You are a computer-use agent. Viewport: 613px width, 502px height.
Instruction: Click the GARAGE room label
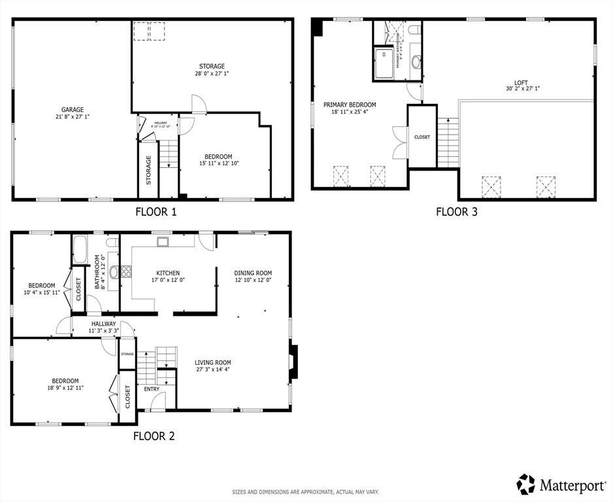(73, 110)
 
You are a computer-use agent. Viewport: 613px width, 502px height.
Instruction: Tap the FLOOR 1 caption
(156, 211)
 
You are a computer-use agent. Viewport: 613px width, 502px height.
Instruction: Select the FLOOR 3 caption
(452, 211)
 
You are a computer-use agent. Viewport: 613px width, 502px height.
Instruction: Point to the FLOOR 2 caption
(154, 436)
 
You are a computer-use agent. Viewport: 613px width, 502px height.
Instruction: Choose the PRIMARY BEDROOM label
(350, 105)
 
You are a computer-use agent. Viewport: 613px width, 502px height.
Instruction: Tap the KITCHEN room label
(168, 273)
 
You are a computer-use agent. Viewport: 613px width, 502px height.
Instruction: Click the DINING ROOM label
(253, 273)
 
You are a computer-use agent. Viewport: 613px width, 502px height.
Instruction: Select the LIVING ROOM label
(212, 362)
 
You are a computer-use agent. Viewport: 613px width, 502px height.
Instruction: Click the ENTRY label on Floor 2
(152, 389)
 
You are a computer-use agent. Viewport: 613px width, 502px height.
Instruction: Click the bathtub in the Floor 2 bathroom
(80, 249)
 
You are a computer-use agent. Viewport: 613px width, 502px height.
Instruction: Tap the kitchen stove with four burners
(125, 273)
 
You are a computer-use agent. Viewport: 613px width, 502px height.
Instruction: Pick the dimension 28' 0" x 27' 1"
(212, 74)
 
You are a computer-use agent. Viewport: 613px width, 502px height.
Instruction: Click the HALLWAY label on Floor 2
(103, 324)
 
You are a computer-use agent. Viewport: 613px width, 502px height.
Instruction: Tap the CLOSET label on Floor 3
(422, 137)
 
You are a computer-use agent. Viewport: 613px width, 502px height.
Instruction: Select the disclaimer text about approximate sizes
(305, 492)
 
